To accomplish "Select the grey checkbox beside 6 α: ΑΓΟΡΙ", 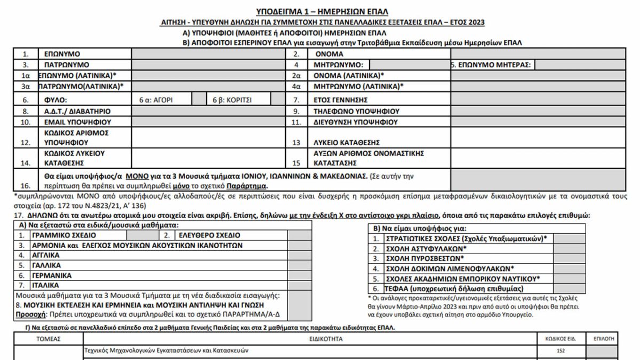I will point(199,99).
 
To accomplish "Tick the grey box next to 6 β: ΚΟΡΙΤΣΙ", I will point(277,99).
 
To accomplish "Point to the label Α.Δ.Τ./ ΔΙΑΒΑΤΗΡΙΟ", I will point(77,111).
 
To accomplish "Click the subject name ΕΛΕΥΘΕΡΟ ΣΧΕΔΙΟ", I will point(209,235).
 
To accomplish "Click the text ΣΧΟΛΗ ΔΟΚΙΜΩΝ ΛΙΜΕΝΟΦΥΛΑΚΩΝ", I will point(450,268).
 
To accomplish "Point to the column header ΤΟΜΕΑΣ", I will point(49,339).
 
